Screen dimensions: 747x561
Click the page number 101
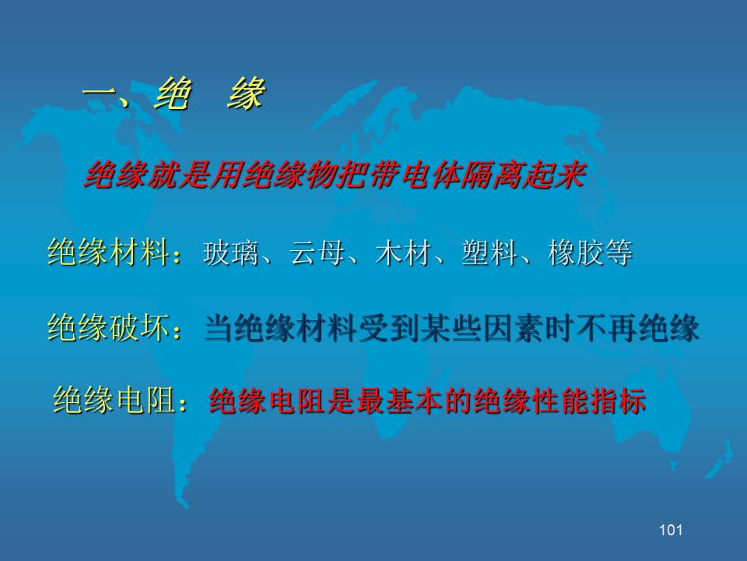click(671, 530)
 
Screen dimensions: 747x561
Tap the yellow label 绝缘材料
click(109, 252)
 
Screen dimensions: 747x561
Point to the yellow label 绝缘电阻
click(114, 400)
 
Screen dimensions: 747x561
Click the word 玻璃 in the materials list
click(230, 252)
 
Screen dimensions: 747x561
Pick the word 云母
click(317, 252)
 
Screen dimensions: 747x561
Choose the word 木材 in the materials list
click(403, 252)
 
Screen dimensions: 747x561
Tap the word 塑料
click(489, 252)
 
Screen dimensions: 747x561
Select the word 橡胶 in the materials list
click(576, 252)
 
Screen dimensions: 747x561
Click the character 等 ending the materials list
click(619, 252)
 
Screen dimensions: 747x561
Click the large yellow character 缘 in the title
click(246, 93)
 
